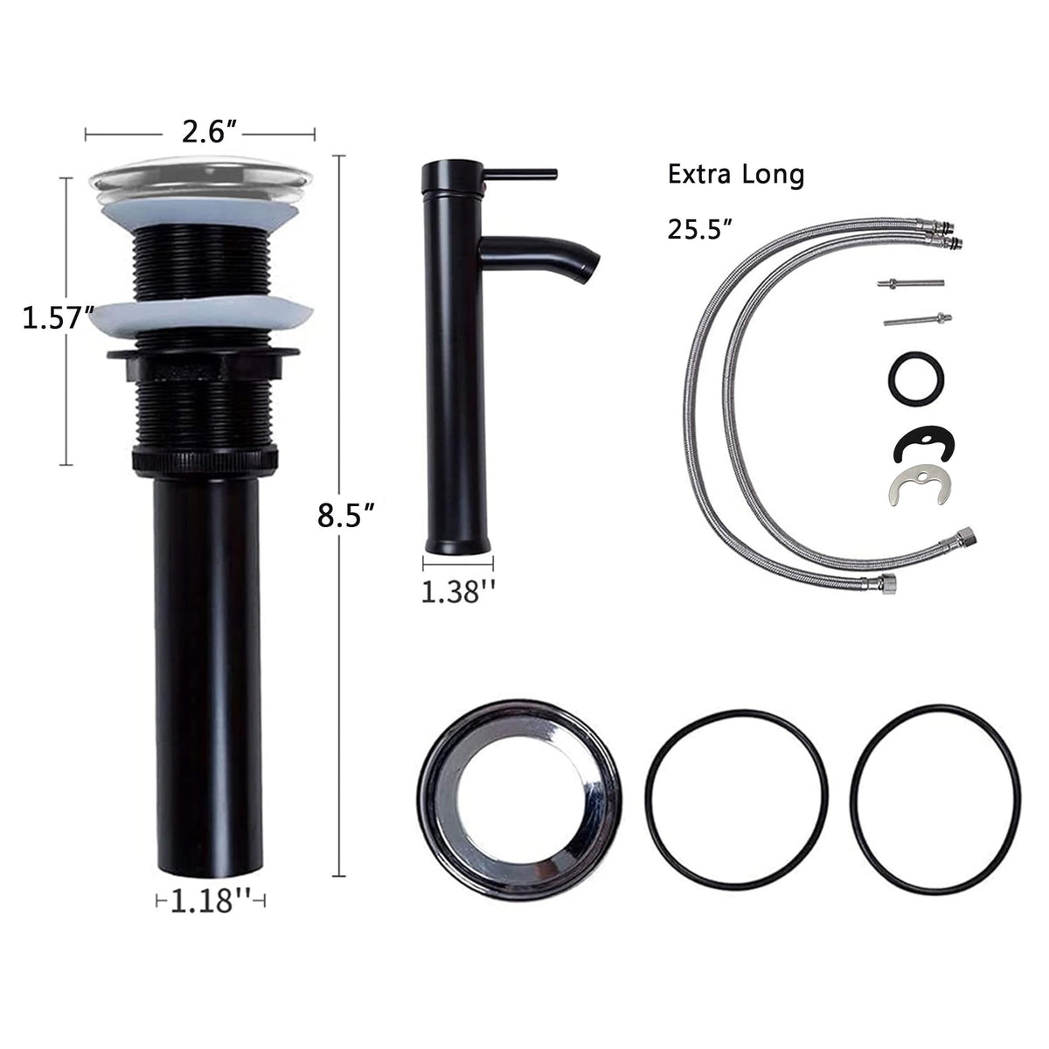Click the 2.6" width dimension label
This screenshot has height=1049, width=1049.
pyautogui.click(x=210, y=132)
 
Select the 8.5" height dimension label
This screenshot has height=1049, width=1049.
pyautogui.click(x=347, y=516)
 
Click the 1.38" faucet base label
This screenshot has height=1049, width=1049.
pyautogui.click(x=458, y=593)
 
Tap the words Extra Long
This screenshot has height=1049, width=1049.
pyautogui.click(x=736, y=176)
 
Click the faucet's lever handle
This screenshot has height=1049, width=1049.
pyautogui.click(x=521, y=174)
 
